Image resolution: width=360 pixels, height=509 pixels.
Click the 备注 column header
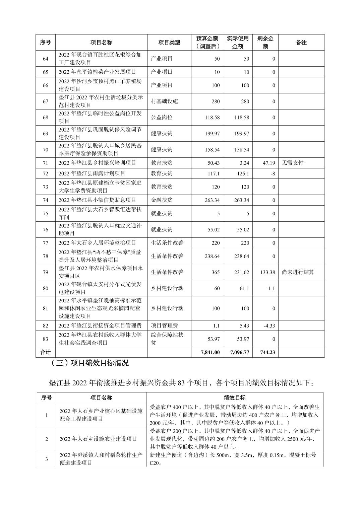point(301,43)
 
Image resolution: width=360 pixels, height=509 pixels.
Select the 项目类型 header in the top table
point(169,43)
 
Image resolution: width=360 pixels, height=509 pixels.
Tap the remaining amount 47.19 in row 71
point(267,163)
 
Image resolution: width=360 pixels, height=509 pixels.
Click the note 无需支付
point(293,163)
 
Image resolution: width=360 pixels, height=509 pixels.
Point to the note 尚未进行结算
point(298,272)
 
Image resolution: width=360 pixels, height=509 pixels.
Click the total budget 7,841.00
point(210,352)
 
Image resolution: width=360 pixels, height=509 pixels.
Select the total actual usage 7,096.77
point(239,352)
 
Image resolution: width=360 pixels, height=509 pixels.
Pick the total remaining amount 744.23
point(267,352)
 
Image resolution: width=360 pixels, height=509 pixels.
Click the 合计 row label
point(45,352)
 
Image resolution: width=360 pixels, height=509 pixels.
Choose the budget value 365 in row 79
point(216,272)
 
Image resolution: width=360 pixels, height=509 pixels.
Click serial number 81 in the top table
point(45,308)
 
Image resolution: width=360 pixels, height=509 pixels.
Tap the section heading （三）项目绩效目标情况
point(88,363)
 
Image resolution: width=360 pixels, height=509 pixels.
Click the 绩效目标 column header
point(235,398)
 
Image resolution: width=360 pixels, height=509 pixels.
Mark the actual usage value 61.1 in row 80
point(244,288)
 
